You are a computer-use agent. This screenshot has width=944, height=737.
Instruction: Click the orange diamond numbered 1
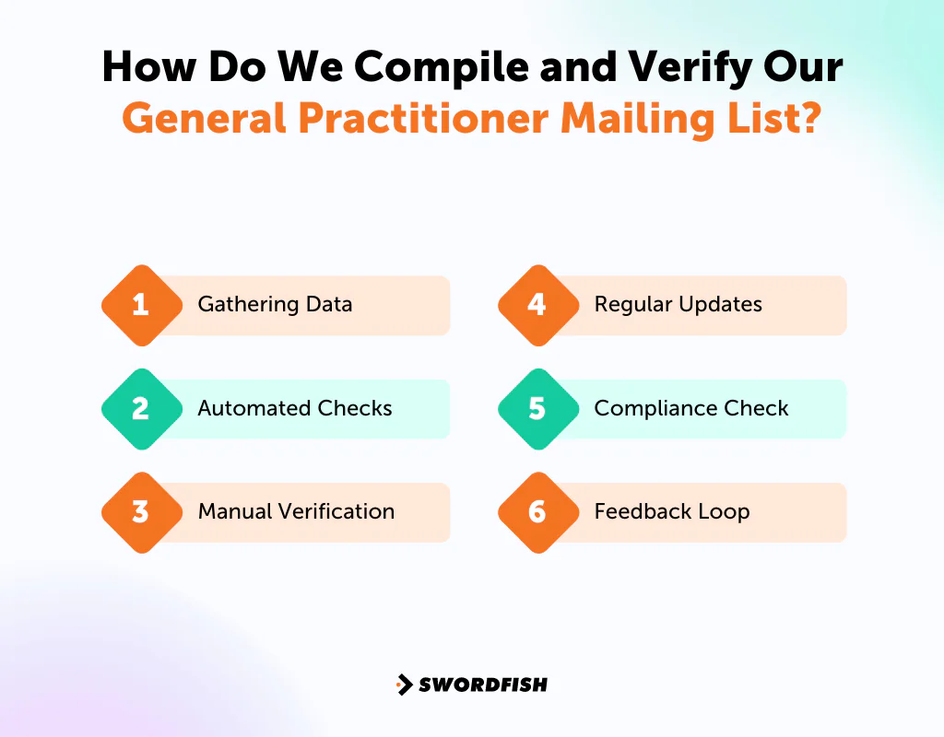pos(141,305)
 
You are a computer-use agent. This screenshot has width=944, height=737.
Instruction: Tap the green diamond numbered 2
pos(141,408)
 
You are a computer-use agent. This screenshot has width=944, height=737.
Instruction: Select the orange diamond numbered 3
pos(141,512)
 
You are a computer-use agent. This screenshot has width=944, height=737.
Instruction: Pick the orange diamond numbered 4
pos(537,305)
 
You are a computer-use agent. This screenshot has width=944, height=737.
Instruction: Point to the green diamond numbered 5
pos(537,408)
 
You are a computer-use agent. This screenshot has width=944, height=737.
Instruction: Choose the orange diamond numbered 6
pos(537,512)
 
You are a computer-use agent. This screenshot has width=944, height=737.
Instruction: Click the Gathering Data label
pos(275,305)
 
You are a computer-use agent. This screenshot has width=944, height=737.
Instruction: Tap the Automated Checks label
pos(295,408)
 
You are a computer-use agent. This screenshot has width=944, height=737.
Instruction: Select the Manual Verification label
pos(296,512)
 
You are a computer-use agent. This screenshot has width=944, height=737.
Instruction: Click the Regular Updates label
pos(678,305)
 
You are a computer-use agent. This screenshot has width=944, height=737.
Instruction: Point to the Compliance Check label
pos(691,408)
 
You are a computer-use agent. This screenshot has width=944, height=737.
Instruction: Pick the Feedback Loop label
pos(671,512)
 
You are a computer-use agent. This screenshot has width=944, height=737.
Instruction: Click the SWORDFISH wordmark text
pos(483,684)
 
